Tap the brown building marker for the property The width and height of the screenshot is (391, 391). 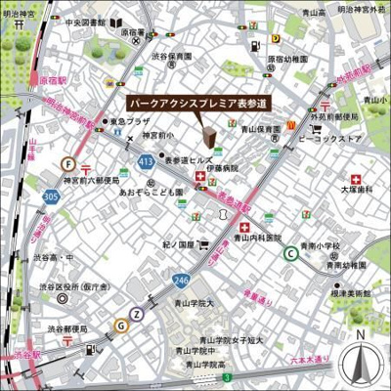pos(208,136)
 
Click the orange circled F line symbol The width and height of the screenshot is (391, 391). pos(68,164)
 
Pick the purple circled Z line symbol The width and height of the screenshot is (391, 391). pos(137,314)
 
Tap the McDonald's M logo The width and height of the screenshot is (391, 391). pos(290,125)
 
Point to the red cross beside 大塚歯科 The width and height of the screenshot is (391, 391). pos(356,180)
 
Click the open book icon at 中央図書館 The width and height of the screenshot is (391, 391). pos(116,22)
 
